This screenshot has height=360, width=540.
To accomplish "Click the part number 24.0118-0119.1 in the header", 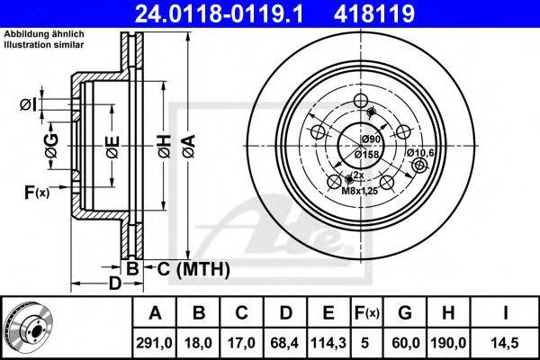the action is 219,13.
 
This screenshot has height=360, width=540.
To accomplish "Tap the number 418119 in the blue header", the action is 374,13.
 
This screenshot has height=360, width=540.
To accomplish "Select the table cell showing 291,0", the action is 154,343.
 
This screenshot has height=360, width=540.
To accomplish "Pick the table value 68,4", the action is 284,343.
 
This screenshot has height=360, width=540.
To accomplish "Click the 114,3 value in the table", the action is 328,343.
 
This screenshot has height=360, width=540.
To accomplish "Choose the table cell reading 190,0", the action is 448,343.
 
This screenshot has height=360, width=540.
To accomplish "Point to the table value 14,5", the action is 505,343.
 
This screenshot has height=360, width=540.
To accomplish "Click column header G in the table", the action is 405,313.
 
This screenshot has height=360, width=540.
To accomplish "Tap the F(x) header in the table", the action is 366,313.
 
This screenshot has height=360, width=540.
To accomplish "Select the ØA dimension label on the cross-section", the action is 189,147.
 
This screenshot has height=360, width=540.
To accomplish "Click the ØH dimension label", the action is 165,147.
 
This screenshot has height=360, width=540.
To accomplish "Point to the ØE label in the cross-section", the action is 112,147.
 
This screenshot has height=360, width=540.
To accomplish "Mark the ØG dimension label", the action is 51,146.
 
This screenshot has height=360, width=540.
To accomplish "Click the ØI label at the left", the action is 28,104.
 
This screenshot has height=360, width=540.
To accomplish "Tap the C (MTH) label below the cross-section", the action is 193,269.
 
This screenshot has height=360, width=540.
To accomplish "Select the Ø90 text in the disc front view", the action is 371,139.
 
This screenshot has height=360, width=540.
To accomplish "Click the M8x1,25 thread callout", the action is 359,191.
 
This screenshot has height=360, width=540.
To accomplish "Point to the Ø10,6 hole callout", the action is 420,153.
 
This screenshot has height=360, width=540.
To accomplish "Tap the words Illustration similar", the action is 44,44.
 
